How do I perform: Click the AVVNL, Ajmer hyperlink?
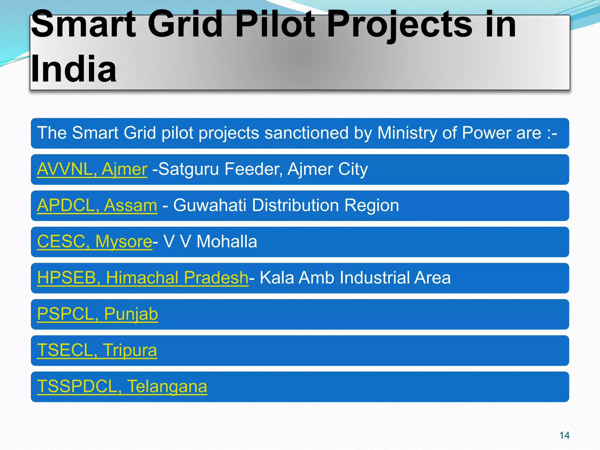(92, 169)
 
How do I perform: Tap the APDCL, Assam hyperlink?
(97, 205)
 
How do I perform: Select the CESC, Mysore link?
(94, 242)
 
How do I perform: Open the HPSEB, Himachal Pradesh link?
(143, 278)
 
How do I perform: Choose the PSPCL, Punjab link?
(97, 314)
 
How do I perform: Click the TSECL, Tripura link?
(97, 350)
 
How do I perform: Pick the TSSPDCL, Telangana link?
(122, 386)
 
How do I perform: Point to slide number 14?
(564, 435)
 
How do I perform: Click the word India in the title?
(74, 69)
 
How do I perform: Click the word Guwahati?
(209, 205)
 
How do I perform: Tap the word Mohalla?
(226, 242)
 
